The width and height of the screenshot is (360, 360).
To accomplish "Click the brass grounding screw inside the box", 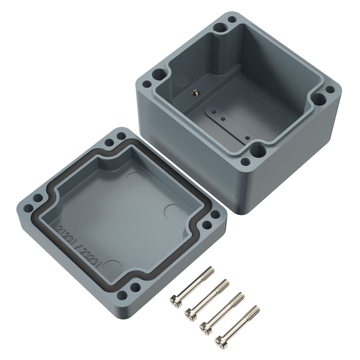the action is pos(194,93).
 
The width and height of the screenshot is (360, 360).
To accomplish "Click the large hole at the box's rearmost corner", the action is pos(220,28).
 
